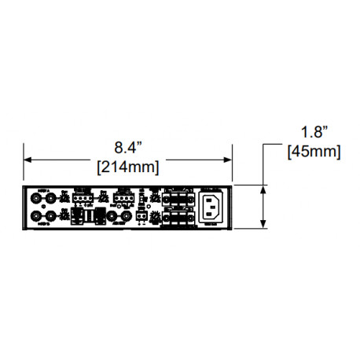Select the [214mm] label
tap(127, 167)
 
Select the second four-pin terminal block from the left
tap(122, 197)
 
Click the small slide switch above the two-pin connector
tap(142, 200)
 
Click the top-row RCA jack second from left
tap(52, 199)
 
